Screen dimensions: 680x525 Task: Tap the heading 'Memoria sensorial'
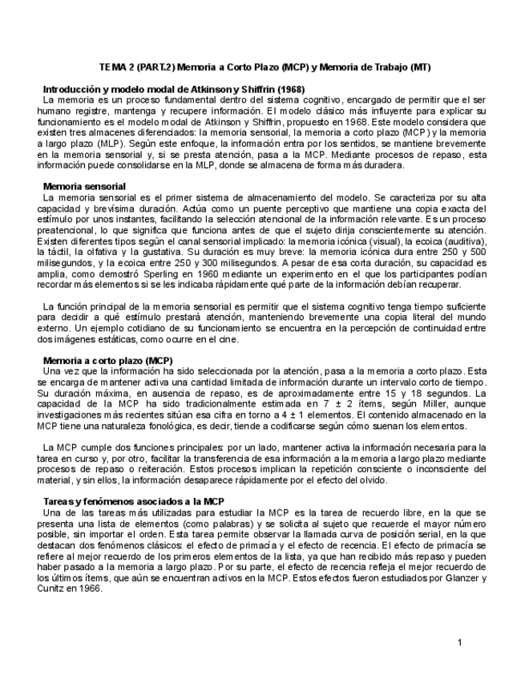click(77, 185)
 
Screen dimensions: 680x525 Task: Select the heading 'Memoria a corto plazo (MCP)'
click(107, 360)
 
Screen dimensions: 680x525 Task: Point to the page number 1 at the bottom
click(459, 642)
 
